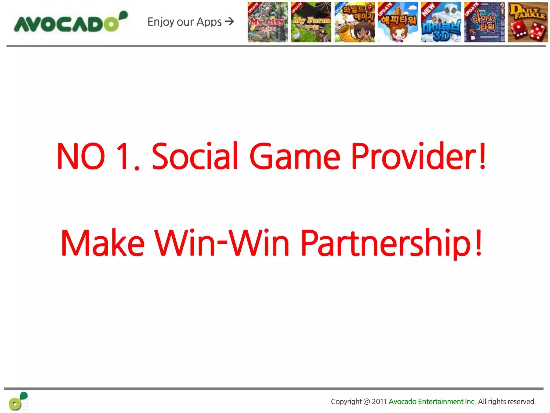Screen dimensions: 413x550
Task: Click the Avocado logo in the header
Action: tap(70, 23)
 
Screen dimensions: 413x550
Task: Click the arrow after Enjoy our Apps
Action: tap(230, 21)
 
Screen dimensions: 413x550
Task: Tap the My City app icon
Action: tap(268, 22)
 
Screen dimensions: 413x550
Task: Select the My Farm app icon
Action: tap(311, 22)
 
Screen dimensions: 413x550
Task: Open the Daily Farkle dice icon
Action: tap(527, 22)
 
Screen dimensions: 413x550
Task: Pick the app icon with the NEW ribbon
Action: tap(441, 22)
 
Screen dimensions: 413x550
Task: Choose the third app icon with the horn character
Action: tap(354, 22)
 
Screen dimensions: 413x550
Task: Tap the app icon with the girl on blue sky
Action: tap(398, 22)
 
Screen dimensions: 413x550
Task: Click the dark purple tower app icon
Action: tap(484, 22)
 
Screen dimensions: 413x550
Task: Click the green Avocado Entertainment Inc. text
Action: tap(432, 402)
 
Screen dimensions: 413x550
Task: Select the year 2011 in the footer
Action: tap(379, 402)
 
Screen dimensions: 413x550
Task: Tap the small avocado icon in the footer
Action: tap(18, 401)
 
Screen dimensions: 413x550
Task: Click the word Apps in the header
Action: tap(209, 22)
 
